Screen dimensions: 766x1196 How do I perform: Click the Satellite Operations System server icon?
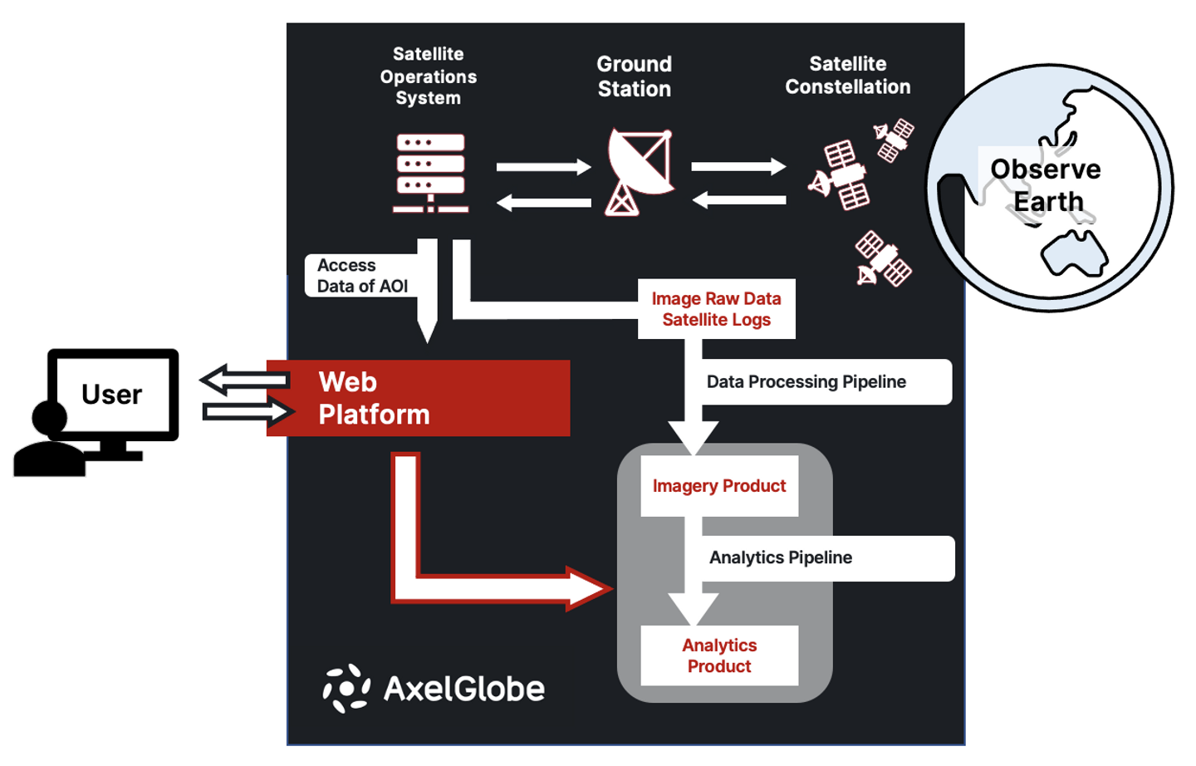tap(430, 173)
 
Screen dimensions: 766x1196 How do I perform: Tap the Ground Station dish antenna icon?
tap(638, 170)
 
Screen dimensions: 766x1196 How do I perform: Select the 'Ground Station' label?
tap(634, 76)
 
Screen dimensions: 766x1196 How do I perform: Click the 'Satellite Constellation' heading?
tap(847, 76)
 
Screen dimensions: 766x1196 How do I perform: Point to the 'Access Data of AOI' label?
tap(362, 276)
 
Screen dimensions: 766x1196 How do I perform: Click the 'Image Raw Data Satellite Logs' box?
tap(716, 309)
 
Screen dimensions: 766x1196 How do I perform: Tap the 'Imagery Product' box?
tap(719, 486)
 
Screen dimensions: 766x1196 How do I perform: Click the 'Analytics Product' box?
tap(719, 656)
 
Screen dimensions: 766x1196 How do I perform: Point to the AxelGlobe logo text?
tap(464, 689)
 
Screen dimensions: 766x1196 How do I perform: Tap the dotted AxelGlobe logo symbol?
tap(346, 688)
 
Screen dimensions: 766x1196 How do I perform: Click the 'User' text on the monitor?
tap(112, 395)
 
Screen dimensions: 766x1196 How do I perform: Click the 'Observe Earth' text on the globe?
tap(1046, 185)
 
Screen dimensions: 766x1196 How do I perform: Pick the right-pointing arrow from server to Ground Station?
tap(543, 168)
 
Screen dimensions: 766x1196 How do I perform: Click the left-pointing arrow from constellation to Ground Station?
tap(739, 200)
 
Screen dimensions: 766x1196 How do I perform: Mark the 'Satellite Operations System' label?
tap(429, 76)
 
